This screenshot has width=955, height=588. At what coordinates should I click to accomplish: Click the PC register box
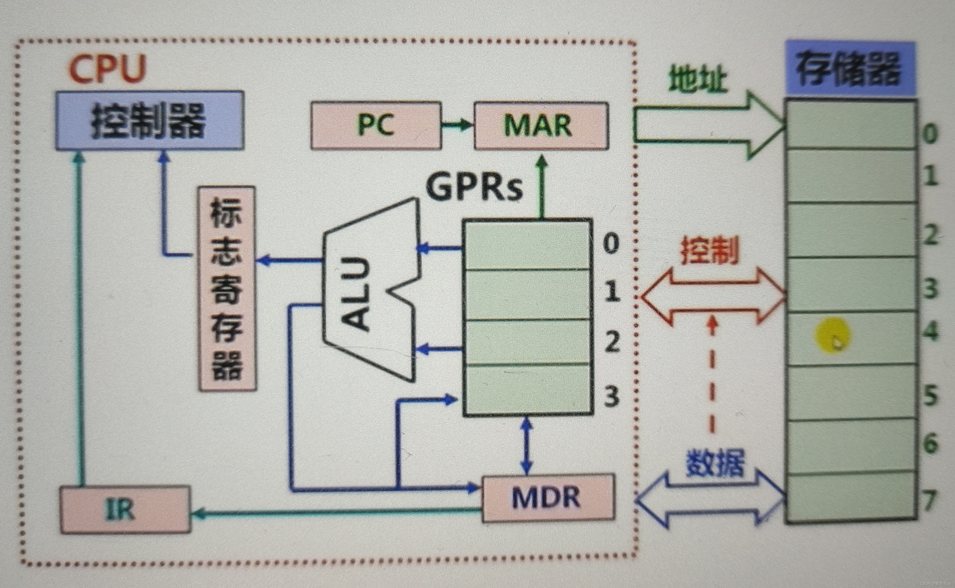click(376, 125)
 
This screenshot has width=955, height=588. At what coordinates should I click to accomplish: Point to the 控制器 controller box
click(150, 120)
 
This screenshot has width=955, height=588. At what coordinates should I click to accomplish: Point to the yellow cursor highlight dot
click(832, 335)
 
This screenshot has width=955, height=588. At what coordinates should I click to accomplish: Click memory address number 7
click(929, 500)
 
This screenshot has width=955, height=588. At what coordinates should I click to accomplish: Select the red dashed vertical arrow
click(712, 377)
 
